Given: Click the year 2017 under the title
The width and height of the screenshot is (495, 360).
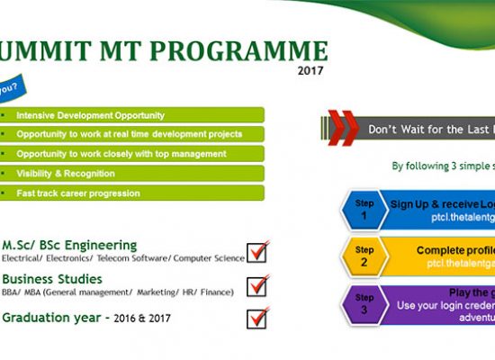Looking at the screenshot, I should pyautogui.click(x=310, y=70).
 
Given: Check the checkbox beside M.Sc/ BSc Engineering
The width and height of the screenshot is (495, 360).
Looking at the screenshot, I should pyautogui.click(x=257, y=251).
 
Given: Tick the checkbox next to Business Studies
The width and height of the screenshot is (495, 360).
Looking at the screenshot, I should pyautogui.click(x=257, y=285).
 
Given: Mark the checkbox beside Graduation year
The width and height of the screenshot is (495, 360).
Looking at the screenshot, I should pyautogui.click(x=257, y=319).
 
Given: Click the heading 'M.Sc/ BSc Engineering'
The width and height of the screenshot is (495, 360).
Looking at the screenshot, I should pyautogui.click(x=70, y=245).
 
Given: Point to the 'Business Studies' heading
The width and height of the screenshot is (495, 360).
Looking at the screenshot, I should pyautogui.click(x=52, y=279).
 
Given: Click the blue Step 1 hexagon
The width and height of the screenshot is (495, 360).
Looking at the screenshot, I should pyautogui.click(x=364, y=210).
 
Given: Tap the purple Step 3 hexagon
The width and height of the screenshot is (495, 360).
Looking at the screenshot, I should pyautogui.click(x=364, y=303).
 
